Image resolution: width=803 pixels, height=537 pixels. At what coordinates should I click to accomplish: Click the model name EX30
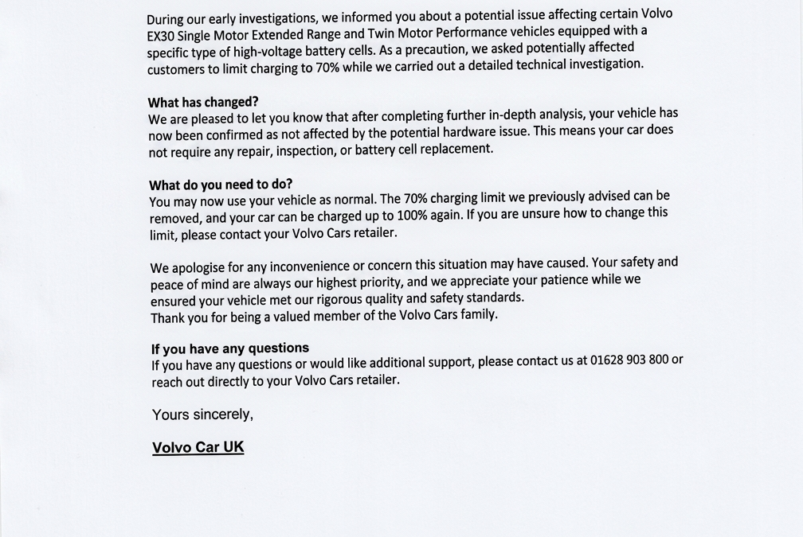160,36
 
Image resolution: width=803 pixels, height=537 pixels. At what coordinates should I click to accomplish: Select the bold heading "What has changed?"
203,103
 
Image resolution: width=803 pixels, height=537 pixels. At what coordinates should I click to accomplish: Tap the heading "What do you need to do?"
221,185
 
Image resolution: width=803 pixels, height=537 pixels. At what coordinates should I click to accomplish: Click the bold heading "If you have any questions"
230,348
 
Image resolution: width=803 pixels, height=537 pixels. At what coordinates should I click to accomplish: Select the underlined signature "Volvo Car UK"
198,447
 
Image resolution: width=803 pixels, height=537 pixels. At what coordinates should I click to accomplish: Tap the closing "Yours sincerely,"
202,414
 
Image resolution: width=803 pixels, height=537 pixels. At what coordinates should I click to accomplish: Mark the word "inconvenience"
299,266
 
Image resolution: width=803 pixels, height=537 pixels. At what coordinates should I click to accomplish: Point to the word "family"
479,313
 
